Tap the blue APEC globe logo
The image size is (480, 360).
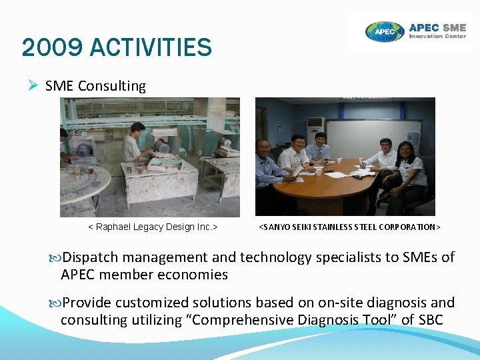click(385, 31)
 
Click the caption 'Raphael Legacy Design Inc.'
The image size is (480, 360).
click(153, 227)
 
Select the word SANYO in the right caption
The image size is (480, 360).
click(277, 227)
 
